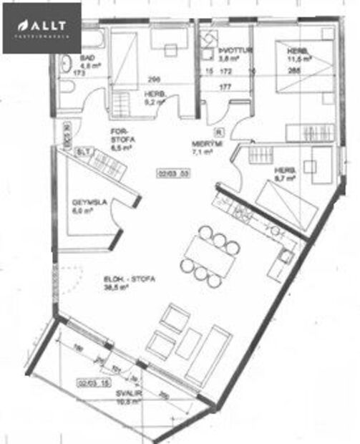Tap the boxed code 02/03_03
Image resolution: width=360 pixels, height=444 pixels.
click(x=172, y=173)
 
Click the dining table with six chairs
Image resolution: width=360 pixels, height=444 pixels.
click(x=210, y=250)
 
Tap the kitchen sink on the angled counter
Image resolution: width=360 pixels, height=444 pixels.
click(x=286, y=254)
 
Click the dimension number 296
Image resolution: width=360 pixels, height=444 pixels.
click(x=152, y=79)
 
